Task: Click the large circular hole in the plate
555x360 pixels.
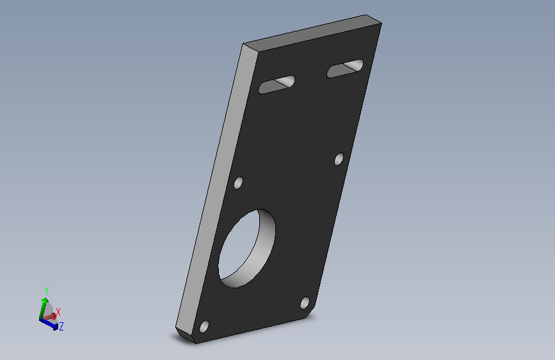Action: [246, 249]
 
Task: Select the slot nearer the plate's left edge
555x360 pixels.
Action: [277, 85]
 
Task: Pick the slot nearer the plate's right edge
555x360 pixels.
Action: [345, 69]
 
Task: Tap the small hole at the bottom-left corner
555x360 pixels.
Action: [204, 326]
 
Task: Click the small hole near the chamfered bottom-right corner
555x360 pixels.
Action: [305, 303]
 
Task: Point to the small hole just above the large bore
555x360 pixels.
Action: [238, 183]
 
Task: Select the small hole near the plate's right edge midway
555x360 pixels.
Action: [339, 159]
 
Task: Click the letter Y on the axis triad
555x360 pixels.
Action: [46, 291]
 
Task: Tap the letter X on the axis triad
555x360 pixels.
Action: [58, 312]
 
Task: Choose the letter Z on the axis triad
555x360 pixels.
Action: [61, 326]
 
